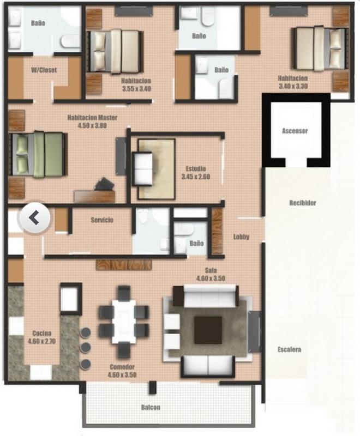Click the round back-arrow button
[x=34, y=217]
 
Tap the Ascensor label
[x=295, y=131]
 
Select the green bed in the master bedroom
[x=38, y=154]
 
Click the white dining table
[x=124, y=322]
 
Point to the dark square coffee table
[x=208, y=330]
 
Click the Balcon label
[x=151, y=407]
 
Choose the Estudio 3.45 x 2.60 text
[x=196, y=173]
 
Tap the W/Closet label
[x=44, y=70]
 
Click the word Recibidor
[x=303, y=203]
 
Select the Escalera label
[x=289, y=349]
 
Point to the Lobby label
[x=241, y=237]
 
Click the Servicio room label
[x=102, y=220]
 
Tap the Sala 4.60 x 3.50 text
[x=211, y=274]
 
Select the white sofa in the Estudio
[x=142, y=169]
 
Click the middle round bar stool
[x=85, y=348]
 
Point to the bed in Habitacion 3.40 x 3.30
[x=320, y=48]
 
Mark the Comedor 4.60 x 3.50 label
[x=122, y=371]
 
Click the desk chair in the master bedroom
[x=104, y=184]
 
